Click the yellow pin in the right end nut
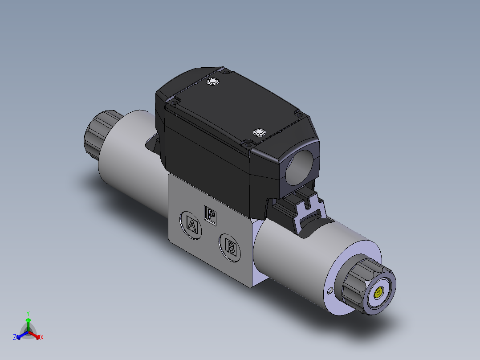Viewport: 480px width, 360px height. [x=378, y=293]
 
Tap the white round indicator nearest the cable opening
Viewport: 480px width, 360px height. [x=259, y=133]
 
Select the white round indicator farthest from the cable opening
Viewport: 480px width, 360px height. [x=213, y=82]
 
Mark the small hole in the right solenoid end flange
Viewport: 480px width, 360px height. [x=329, y=292]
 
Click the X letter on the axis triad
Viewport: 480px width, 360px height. [x=42, y=338]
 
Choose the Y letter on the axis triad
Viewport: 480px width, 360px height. [x=28, y=313]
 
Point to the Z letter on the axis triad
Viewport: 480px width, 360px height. [x=15, y=338]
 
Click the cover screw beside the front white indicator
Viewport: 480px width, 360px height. [x=246, y=143]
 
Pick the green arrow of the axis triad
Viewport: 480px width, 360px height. [x=28, y=322]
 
